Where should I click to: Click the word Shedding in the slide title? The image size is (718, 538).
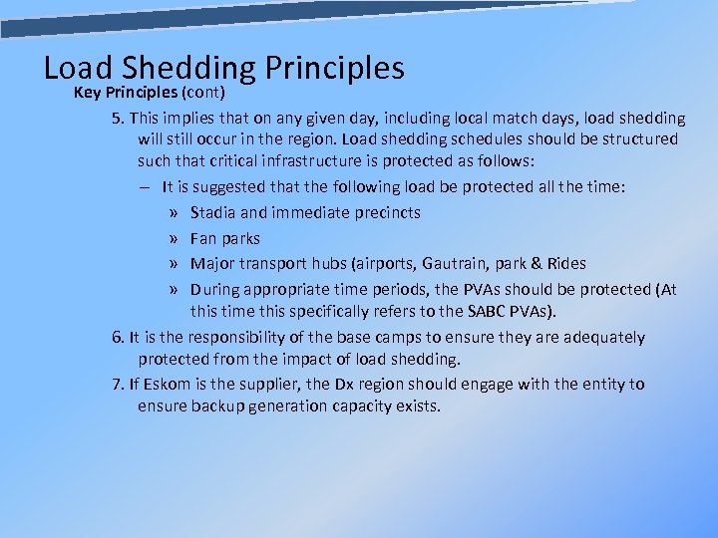(189, 68)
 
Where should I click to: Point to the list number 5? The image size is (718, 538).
(117, 118)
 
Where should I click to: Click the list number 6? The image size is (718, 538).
(117, 338)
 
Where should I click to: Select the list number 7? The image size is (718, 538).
(117, 384)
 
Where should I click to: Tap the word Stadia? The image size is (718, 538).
(214, 212)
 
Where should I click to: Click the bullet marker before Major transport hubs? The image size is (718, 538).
(175, 264)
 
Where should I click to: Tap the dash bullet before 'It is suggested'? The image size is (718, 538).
(146, 186)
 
